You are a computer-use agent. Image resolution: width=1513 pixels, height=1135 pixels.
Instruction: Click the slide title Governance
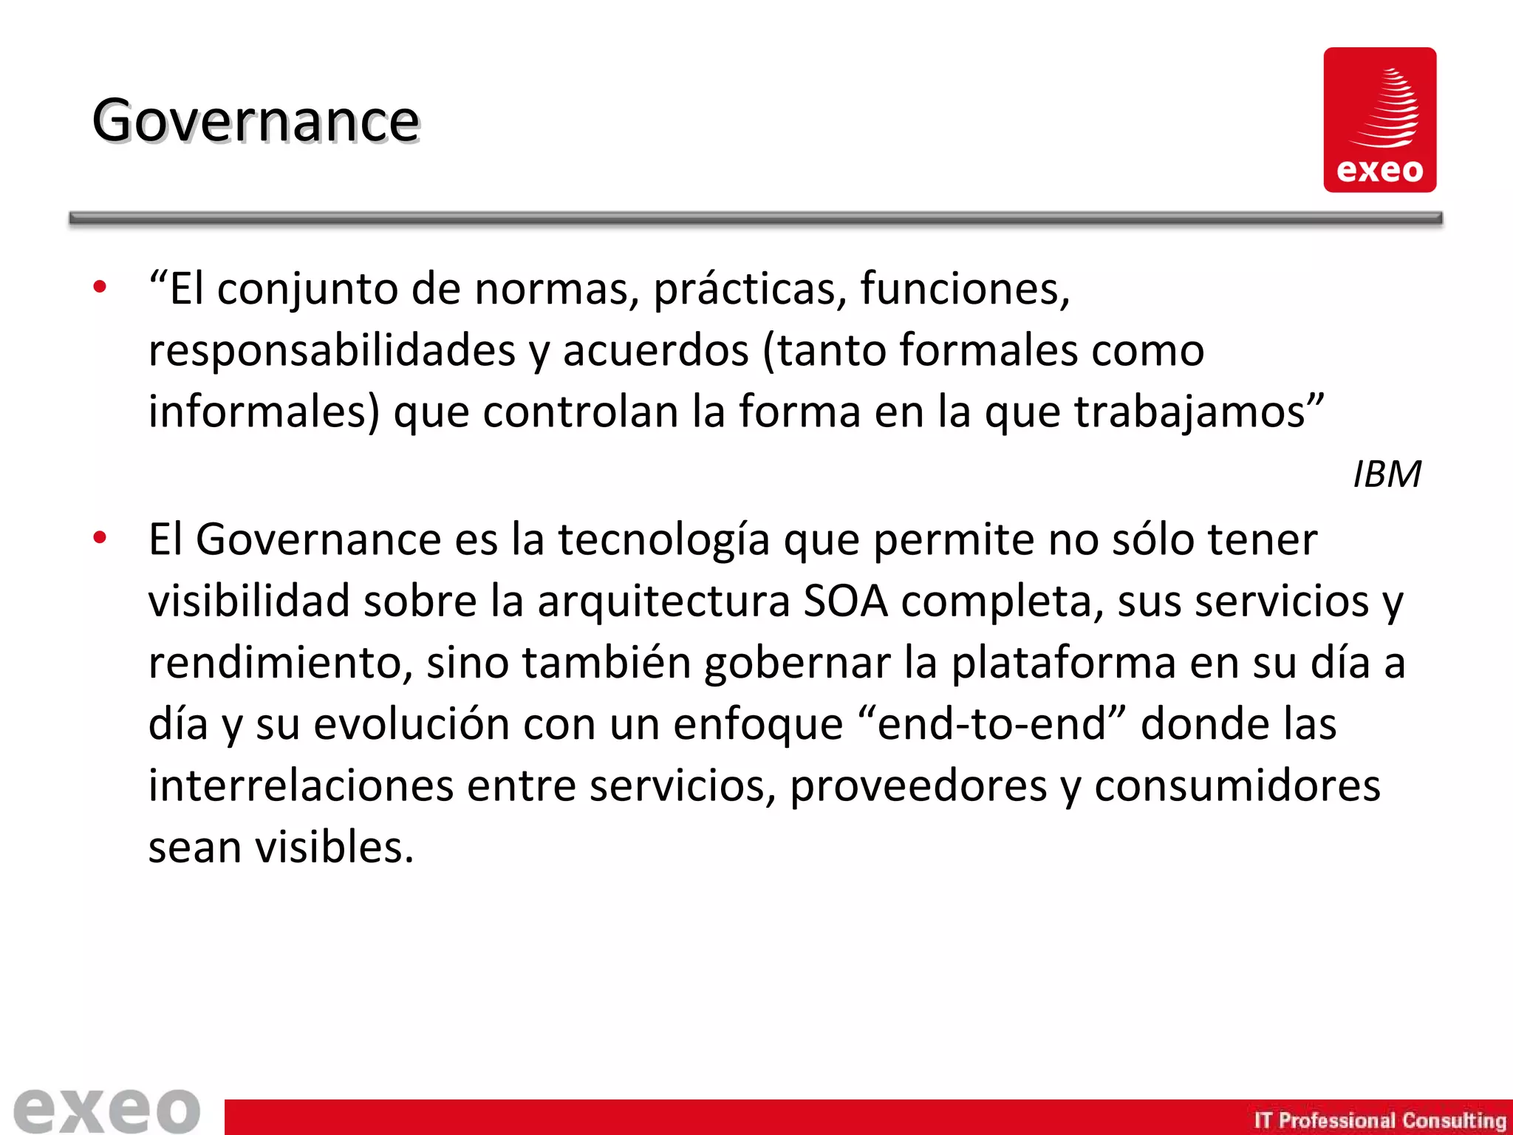click(256, 120)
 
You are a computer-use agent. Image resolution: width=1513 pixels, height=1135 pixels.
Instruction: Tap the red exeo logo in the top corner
click(1379, 120)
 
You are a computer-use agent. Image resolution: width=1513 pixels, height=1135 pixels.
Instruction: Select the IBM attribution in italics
click(1387, 474)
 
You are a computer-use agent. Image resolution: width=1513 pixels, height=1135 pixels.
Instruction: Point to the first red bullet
click(100, 287)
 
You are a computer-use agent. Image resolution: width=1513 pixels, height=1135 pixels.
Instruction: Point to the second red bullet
click(100, 538)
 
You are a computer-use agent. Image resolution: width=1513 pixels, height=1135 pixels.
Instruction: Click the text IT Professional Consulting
click(1379, 1120)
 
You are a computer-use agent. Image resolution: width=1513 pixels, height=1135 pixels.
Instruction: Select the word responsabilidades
click(332, 350)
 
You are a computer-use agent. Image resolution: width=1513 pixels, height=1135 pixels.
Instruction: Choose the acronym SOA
click(844, 601)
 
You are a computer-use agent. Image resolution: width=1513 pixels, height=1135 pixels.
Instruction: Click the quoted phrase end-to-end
click(992, 723)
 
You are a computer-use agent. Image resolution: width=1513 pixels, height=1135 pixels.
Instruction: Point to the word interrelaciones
click(301, 785)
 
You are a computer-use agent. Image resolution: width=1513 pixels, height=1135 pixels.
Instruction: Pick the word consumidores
click(1237, 785)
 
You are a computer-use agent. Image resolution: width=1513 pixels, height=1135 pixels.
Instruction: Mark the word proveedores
click(918, 785)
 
